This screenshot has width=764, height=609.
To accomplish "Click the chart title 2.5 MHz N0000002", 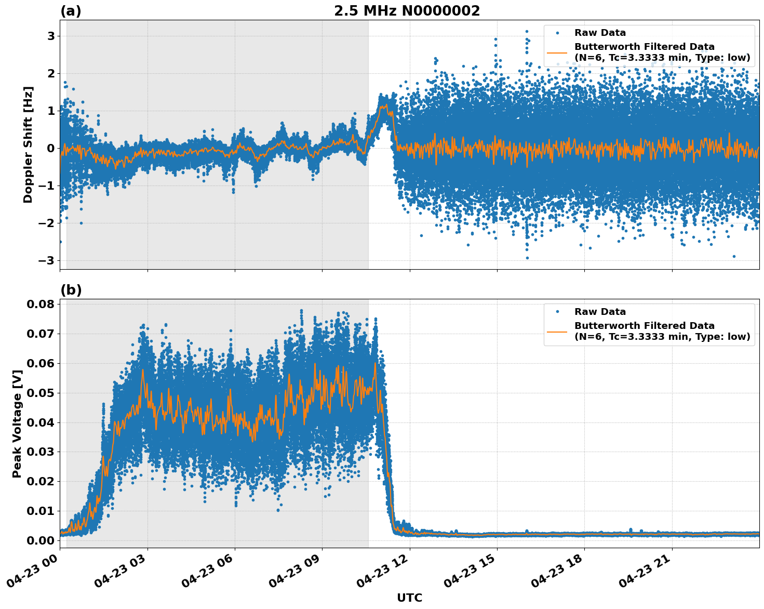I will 407,11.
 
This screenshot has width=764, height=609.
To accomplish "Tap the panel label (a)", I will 71,11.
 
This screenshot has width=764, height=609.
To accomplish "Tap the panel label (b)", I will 71,290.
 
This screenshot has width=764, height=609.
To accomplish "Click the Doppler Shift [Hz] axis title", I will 28,144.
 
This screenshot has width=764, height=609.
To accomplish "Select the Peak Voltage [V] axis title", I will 17,423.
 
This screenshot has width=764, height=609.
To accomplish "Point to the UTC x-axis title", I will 409,598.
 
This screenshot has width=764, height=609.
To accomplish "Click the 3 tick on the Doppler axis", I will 51,36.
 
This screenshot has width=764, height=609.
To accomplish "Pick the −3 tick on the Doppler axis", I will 48,260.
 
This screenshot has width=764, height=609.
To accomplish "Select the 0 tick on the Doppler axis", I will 51,148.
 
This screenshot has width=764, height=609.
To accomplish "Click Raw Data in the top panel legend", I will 600,33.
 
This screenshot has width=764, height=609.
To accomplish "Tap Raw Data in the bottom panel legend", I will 600,312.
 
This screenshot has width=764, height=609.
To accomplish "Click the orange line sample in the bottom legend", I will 557,331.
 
